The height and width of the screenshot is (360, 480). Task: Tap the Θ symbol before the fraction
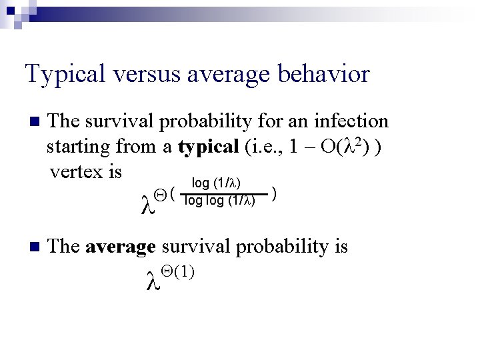[x=159, y=194]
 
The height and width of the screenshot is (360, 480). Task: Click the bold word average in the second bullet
[x=121, y=246]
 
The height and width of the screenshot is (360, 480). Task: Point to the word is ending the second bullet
[x=340, y=246]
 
